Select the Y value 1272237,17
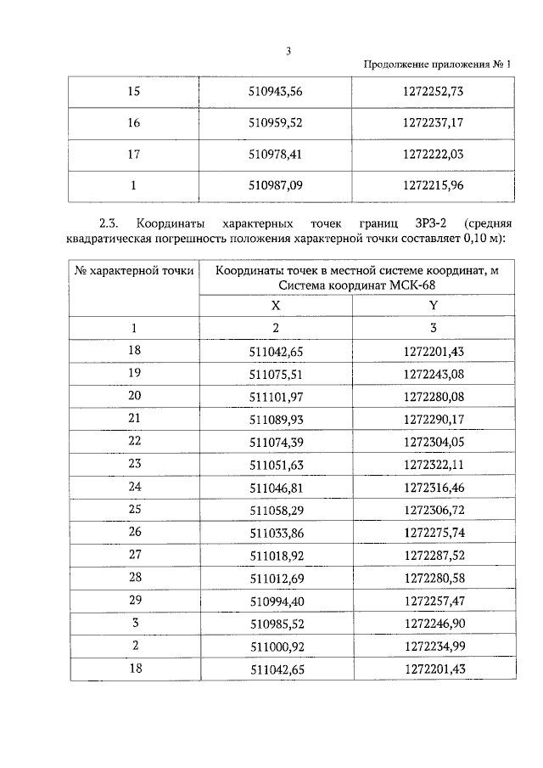pyautogui.click(x=434, y=122)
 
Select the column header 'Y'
pyautogui.click(x=434, y=305)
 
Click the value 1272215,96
pyautogui.click(x=434, y=184)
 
